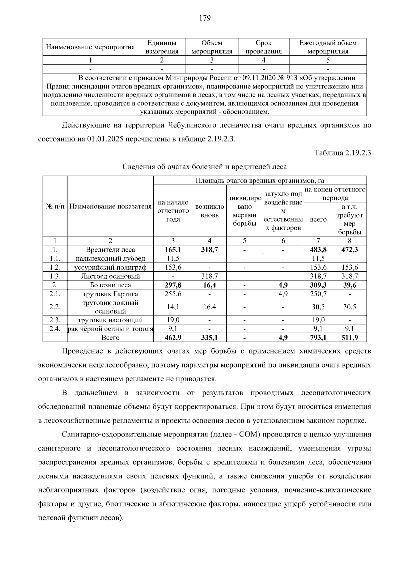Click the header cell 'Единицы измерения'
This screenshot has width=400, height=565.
tap(162, 47)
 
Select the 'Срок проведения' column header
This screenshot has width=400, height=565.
tap(263, 47)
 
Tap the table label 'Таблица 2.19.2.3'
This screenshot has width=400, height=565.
tap(343, 153)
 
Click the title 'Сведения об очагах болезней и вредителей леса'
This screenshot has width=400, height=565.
tap(204, 166)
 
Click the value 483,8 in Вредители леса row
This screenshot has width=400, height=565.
tap(318, 250)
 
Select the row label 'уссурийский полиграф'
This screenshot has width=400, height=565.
tap(110, 267)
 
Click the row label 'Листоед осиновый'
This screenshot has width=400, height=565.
tap(110, 276)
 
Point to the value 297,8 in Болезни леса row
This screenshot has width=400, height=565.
tap(173, 285)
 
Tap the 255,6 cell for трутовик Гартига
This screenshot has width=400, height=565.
tap(173, 294)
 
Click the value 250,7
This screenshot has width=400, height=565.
tap(318, 294)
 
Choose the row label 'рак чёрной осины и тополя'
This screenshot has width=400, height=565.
tap(110, 329)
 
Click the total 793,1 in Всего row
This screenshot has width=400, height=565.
tap(318, 338)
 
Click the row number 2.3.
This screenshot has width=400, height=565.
tap(55, 320)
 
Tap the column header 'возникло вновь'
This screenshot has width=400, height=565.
tap(209, 211)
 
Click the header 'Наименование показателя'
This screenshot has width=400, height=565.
tap(110, 206)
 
